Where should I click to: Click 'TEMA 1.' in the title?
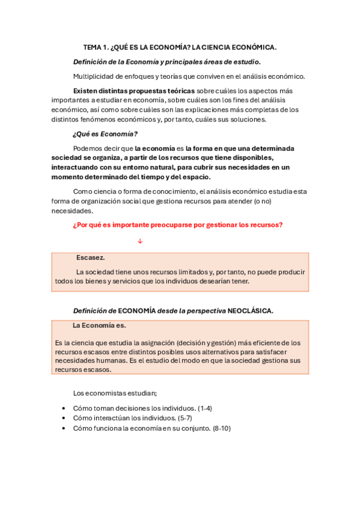pos(95,47)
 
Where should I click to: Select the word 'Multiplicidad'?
pos(93,76)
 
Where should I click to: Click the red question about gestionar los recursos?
pos(177,225)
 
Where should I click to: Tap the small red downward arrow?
pos(140,241)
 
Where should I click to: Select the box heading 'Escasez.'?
pos(91,257)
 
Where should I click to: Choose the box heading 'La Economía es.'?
pos(99,325)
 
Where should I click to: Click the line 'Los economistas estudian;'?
pos(115,393)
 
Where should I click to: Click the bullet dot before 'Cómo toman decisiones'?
pos(64,408)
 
